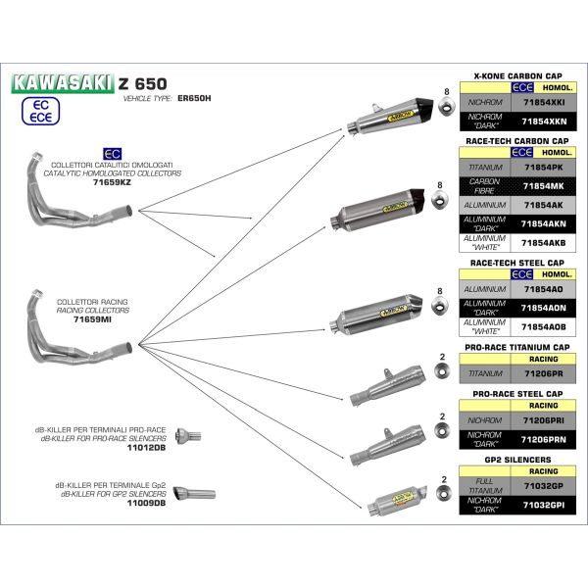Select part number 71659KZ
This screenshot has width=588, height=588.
[x=111, y=182]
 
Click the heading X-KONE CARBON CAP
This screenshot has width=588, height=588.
[x=516, y=74]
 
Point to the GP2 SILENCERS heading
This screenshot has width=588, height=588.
[x=516, y=459]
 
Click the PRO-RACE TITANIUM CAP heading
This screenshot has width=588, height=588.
[x=516, y=347]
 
